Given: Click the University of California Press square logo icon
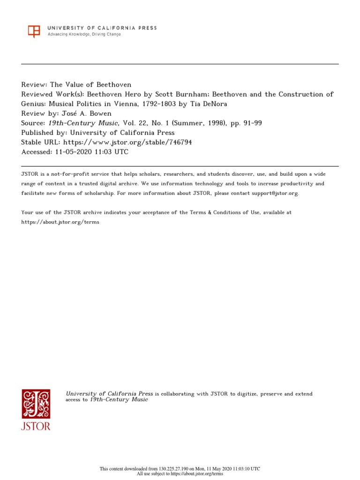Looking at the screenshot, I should [x=34, y=31].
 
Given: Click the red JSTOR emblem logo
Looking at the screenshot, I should [x=36, y=404].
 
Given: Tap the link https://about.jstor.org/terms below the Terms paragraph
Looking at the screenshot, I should [x=60, y=222].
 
